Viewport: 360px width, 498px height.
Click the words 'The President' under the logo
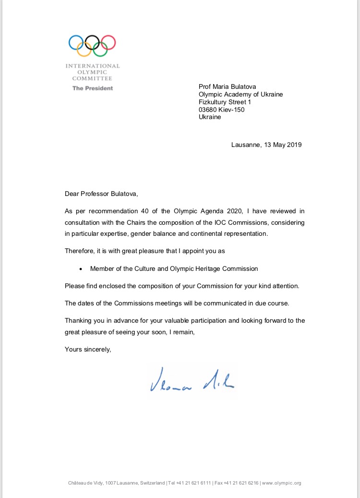(93, 88)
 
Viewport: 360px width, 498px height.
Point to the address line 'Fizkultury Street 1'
(225, 102)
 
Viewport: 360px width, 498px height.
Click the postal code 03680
(208, 109)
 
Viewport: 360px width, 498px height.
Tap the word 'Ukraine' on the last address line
(210, 117)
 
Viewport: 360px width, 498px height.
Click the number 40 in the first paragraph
(129, 211)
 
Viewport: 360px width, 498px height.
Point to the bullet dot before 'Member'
(81, 269)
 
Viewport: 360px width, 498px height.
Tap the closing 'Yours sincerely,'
(88, 349)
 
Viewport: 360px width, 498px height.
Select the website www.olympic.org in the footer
(282, 483)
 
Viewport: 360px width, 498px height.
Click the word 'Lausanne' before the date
(245, 145)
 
